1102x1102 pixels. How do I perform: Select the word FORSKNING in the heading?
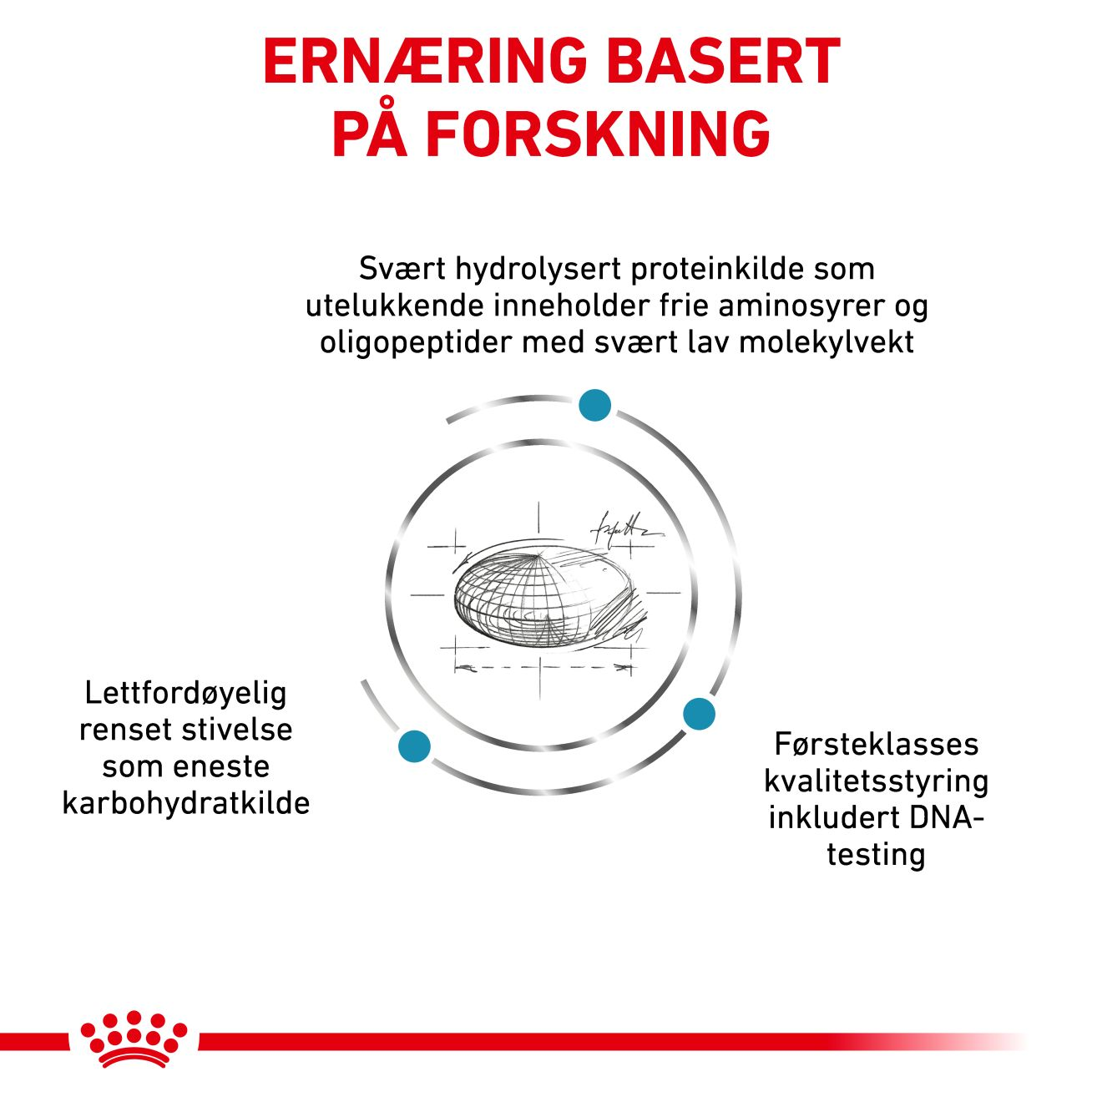pos(599,134)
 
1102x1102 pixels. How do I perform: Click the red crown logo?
pos(134,1039)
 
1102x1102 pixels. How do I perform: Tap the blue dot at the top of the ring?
pos(595,405)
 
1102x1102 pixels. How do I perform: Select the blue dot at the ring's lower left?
pos(414,746)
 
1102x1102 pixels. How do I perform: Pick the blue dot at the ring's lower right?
pos(699,714)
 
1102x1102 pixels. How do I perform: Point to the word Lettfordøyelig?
pos(185,693)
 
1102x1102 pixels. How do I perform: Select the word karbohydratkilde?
pos(185,803)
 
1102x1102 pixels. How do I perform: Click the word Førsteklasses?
pos(876,744)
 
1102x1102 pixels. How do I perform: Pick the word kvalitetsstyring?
pos(876,781)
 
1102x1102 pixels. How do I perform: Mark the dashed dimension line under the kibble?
pos(543,668)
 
